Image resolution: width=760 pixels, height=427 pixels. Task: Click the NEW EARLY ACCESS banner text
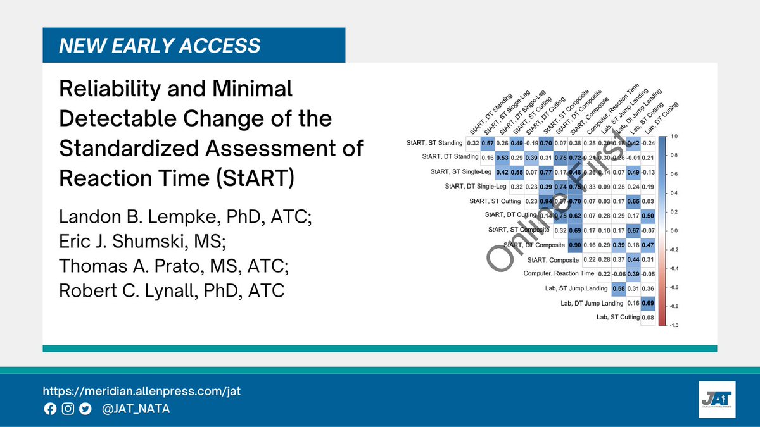click(x=160, y=45)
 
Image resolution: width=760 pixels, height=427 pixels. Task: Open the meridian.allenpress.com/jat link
click(x=141, y=391)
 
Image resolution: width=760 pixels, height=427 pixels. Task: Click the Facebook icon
click(x=50, y=409)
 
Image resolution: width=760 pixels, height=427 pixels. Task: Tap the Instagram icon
click(x=68, y=409)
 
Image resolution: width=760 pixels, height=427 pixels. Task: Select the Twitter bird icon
click(x=85, y=409)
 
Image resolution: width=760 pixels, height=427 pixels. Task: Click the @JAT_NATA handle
click(x=136, y=409)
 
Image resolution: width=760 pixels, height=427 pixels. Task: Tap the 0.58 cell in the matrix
click(x=619, y=288)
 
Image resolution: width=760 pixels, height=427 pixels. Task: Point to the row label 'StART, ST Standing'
click(x=435, y=144)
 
